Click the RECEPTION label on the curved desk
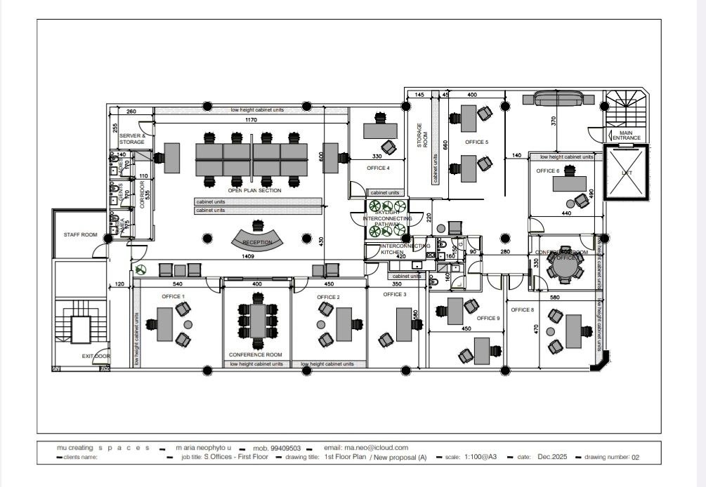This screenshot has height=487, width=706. (257, 243)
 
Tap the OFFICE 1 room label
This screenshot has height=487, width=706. (173, 297)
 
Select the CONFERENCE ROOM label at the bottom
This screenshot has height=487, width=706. (256, 355)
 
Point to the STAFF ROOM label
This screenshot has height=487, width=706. (81, 235)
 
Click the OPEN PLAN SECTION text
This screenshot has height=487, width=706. (254, 191)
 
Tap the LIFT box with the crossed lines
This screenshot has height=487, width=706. (627, 172)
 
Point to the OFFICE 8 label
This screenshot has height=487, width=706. (522, 309)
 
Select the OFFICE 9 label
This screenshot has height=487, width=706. (488, 318)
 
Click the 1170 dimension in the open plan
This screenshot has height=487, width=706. (250, 121)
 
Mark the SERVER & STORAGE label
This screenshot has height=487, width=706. (132, 139)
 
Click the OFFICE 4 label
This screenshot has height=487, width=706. (378, 168)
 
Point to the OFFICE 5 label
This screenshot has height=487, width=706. (476, 142)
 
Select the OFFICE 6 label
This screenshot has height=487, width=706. (548, 171)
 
